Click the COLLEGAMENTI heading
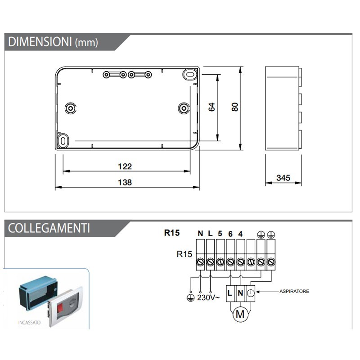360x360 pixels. click(x=49, y=228)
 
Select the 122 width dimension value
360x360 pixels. click(x=125, y=166)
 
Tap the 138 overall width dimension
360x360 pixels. click(x=125, y=182)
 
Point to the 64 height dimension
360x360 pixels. click(x=212, y=107)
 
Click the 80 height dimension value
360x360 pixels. click(x=234, y=107)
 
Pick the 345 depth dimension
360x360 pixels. click(x=283, y=178)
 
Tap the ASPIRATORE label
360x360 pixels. click(x=294, y=292)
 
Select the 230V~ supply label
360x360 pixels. click(x=208, y=298)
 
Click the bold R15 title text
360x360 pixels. click(x=171, y=233)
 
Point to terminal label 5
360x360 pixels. click(x=220, y=234)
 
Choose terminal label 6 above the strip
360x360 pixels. click(x=230, y=234)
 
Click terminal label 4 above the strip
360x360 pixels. click(x=241, y=234)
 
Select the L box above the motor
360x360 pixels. click(x=230, y=292)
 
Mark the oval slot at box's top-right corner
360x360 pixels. click(x=190, y=73)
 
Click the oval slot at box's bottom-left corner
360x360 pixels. click(x=63, y=141)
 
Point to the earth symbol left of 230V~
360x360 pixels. click(x=190, y=297)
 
